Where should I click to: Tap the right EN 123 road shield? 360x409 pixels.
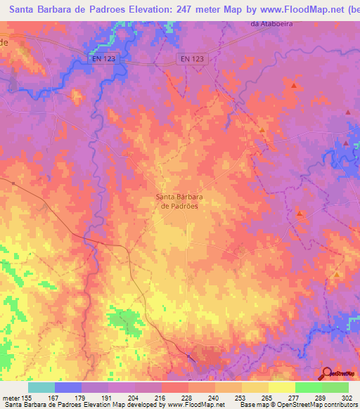[x=192, y=59]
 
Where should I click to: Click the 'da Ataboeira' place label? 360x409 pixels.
[x=271, y=25]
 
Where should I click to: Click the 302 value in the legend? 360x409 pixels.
[x=348, y=397]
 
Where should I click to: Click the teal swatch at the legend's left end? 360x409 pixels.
[x=41, y=387]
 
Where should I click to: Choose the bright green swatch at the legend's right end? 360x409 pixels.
[x=335, y=387]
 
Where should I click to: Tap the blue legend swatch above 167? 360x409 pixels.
[x=67, y=387]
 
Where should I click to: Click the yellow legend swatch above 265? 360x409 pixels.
[x=255, y=387]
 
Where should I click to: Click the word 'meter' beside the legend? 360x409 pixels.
[x=11, y=397]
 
